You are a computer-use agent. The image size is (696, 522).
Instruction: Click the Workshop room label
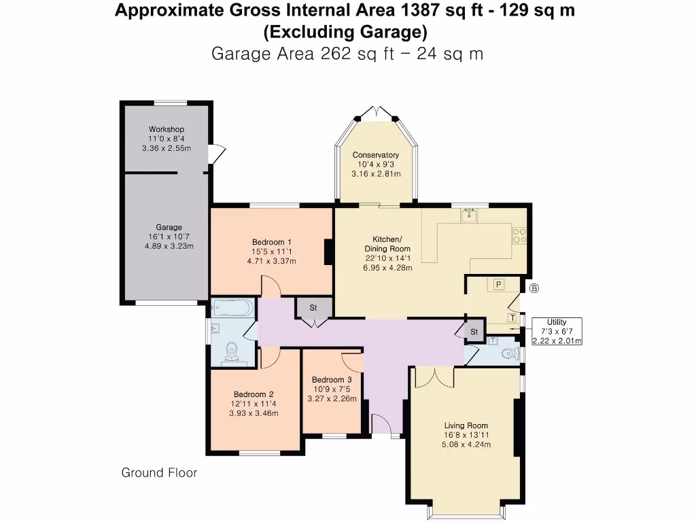point(167,129)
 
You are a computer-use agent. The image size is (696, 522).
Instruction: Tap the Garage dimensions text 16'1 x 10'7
point(169,237)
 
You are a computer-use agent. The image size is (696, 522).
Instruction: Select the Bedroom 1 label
point(271,242)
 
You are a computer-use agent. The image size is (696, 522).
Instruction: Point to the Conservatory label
point(375,155)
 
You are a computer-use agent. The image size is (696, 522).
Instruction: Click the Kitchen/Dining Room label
point(387,244)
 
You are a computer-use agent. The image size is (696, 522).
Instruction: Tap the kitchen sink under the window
point(468,217)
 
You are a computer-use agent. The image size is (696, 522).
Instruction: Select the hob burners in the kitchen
point(520,235)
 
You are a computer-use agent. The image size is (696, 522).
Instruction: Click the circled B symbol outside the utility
point(534,288)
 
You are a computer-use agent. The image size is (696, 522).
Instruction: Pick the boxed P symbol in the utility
point(498,284)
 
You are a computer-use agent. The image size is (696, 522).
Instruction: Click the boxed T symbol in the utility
point(512,317)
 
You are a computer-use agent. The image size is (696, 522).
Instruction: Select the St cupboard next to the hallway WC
point(474,332)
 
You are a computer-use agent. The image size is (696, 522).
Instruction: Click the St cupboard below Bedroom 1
point(313,308)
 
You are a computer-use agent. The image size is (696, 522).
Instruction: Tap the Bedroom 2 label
point(254,394)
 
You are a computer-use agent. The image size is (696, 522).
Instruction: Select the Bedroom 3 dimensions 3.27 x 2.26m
point(332,398)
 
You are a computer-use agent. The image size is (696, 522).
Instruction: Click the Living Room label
point(466,425)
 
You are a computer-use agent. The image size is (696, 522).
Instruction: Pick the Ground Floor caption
point(159,472)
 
